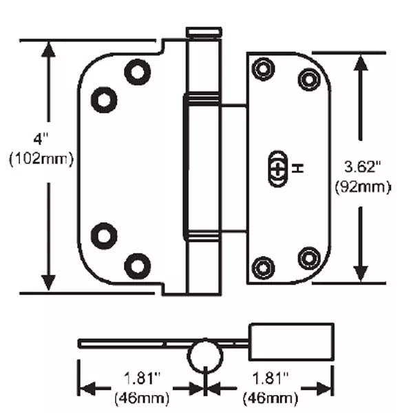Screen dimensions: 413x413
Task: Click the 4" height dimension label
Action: coord(41,139)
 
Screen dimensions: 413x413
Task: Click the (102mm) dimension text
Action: coord(41,158)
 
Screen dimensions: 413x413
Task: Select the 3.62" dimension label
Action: coord(363,167)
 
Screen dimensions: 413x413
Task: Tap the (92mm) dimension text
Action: coord(363,187)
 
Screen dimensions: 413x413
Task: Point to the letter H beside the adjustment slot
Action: coord(298,169)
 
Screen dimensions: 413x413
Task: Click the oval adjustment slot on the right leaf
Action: coord(277,169)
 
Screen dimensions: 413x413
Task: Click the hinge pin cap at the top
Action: coord(204,32)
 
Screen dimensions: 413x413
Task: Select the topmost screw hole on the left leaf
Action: coord(138,72)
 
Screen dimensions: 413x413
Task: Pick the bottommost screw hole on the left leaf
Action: coord(138,266)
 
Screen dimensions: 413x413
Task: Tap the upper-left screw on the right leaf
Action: coord(263,69)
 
